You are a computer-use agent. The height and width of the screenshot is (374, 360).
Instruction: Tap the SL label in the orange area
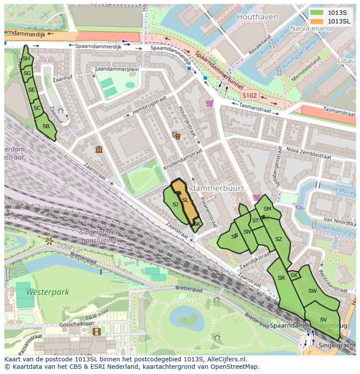(x=185, y=200)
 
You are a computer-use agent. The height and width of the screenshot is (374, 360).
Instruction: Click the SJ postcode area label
(x=175, y=204)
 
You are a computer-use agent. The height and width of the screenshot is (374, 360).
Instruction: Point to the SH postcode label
(x=26, y=59)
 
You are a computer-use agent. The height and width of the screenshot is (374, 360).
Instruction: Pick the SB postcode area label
(x=46, y=126)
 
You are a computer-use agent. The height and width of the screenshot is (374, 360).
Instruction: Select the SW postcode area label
(x=312, y=291)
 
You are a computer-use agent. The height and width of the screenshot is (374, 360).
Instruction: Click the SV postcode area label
(x=323, y=320)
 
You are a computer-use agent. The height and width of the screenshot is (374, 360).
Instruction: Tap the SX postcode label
(x=294, y=275)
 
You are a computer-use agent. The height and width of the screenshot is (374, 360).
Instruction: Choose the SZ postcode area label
(x=279, y=239)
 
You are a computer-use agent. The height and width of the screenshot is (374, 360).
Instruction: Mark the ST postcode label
(x=255, y=221)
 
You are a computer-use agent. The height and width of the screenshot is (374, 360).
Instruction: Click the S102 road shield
(x=250, y=95)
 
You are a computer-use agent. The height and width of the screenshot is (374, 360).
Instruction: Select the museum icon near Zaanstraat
(x=99, y=150)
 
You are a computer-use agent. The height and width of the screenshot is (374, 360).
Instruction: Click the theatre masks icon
(x=176, y=136)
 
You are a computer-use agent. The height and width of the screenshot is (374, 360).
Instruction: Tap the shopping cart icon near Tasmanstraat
(x=210, y=103)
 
